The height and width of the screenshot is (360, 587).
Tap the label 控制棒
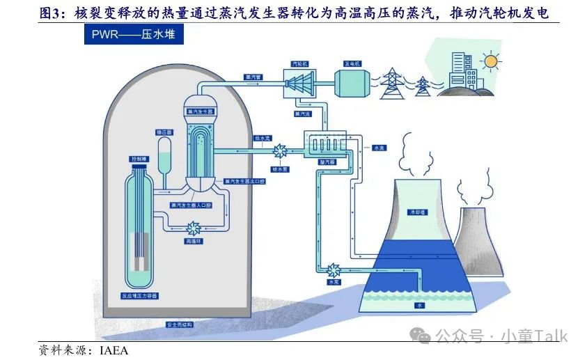pos(140,159)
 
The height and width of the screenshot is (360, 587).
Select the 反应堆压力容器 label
pos(139,296)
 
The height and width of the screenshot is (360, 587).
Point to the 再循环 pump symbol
pos(192,228)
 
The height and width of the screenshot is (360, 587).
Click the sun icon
pos(492,62)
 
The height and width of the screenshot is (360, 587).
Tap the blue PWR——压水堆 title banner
pos(130,35)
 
